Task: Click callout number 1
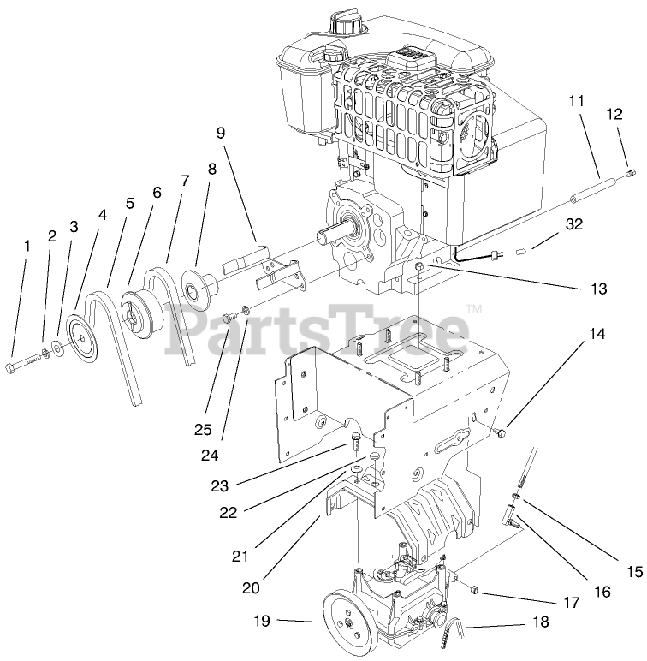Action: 27,246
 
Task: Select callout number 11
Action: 576,100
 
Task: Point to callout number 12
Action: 615,114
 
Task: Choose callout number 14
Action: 596,334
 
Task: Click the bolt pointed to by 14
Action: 501,434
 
